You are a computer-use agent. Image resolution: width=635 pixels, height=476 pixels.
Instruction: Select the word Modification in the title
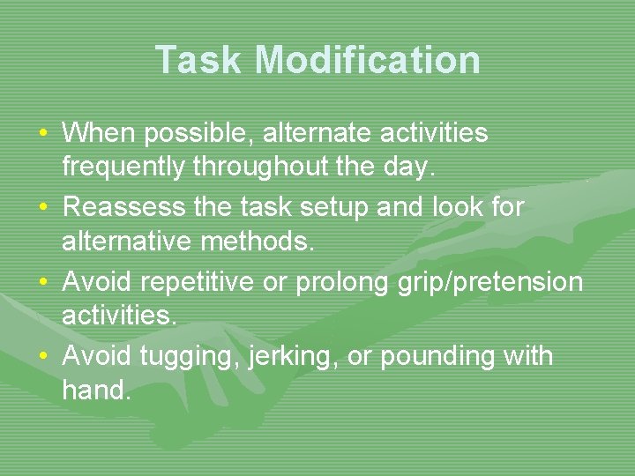pos(369,60)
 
